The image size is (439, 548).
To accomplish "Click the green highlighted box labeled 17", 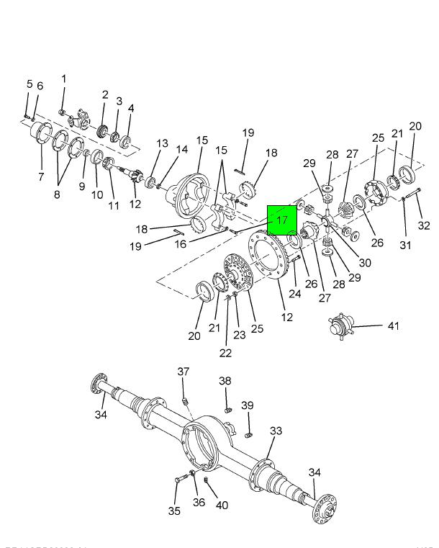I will click(282, 219).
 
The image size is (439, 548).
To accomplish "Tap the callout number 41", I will click(392, 326).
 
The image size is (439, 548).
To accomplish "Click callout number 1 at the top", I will click(63, 79).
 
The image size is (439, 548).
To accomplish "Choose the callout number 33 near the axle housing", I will click(276, 431).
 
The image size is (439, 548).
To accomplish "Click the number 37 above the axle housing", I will click(184, 372).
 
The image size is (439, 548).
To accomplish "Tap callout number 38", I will click(225, 381).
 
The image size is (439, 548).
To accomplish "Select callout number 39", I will click(247, 405).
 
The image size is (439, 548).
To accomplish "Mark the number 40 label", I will click(222, 506).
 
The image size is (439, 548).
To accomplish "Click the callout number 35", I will click(174, 511).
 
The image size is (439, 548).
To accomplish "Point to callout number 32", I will click(424, 225).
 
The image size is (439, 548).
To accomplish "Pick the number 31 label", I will click(405, 246).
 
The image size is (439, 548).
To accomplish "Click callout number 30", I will click(364, 263).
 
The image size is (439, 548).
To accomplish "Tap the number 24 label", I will click(294, 293).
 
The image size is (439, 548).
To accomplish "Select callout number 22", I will click(226, 352).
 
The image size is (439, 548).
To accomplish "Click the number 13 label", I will click(163, 144).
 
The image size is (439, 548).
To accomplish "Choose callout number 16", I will click(180, 244).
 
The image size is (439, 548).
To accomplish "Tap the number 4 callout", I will click(131, 109).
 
